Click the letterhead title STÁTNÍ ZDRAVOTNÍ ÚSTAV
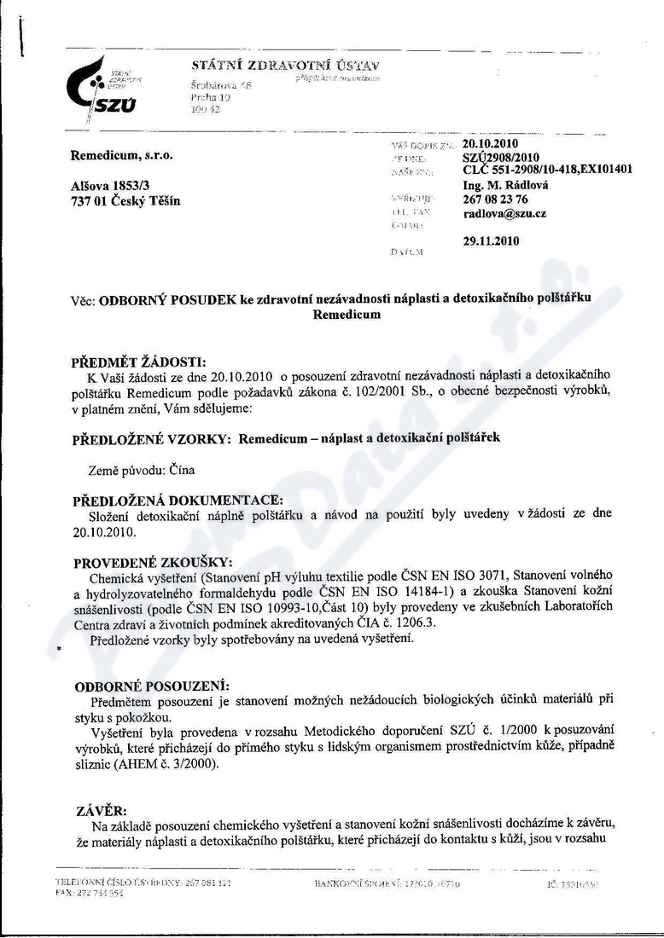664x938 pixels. (286, 66)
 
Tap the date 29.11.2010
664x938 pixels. (491, 241)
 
